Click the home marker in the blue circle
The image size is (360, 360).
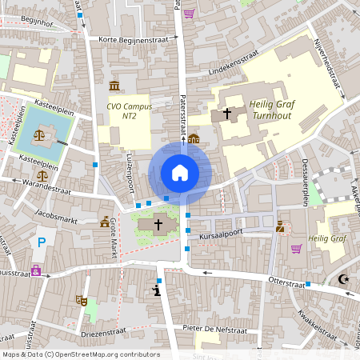click(x=180, y=172)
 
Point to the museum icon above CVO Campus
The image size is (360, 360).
click(x=114, y=86)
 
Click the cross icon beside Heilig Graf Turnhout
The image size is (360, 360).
click(x=227, y=114)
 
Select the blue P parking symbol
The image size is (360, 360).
click(x=42, y=241)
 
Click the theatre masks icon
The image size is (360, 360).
click(x=81, y=300)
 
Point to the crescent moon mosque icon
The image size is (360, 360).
click(x=345, y=279)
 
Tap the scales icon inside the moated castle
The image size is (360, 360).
click(x=39, y=135)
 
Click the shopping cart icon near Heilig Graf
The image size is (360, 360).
click(x=296, y=249)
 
